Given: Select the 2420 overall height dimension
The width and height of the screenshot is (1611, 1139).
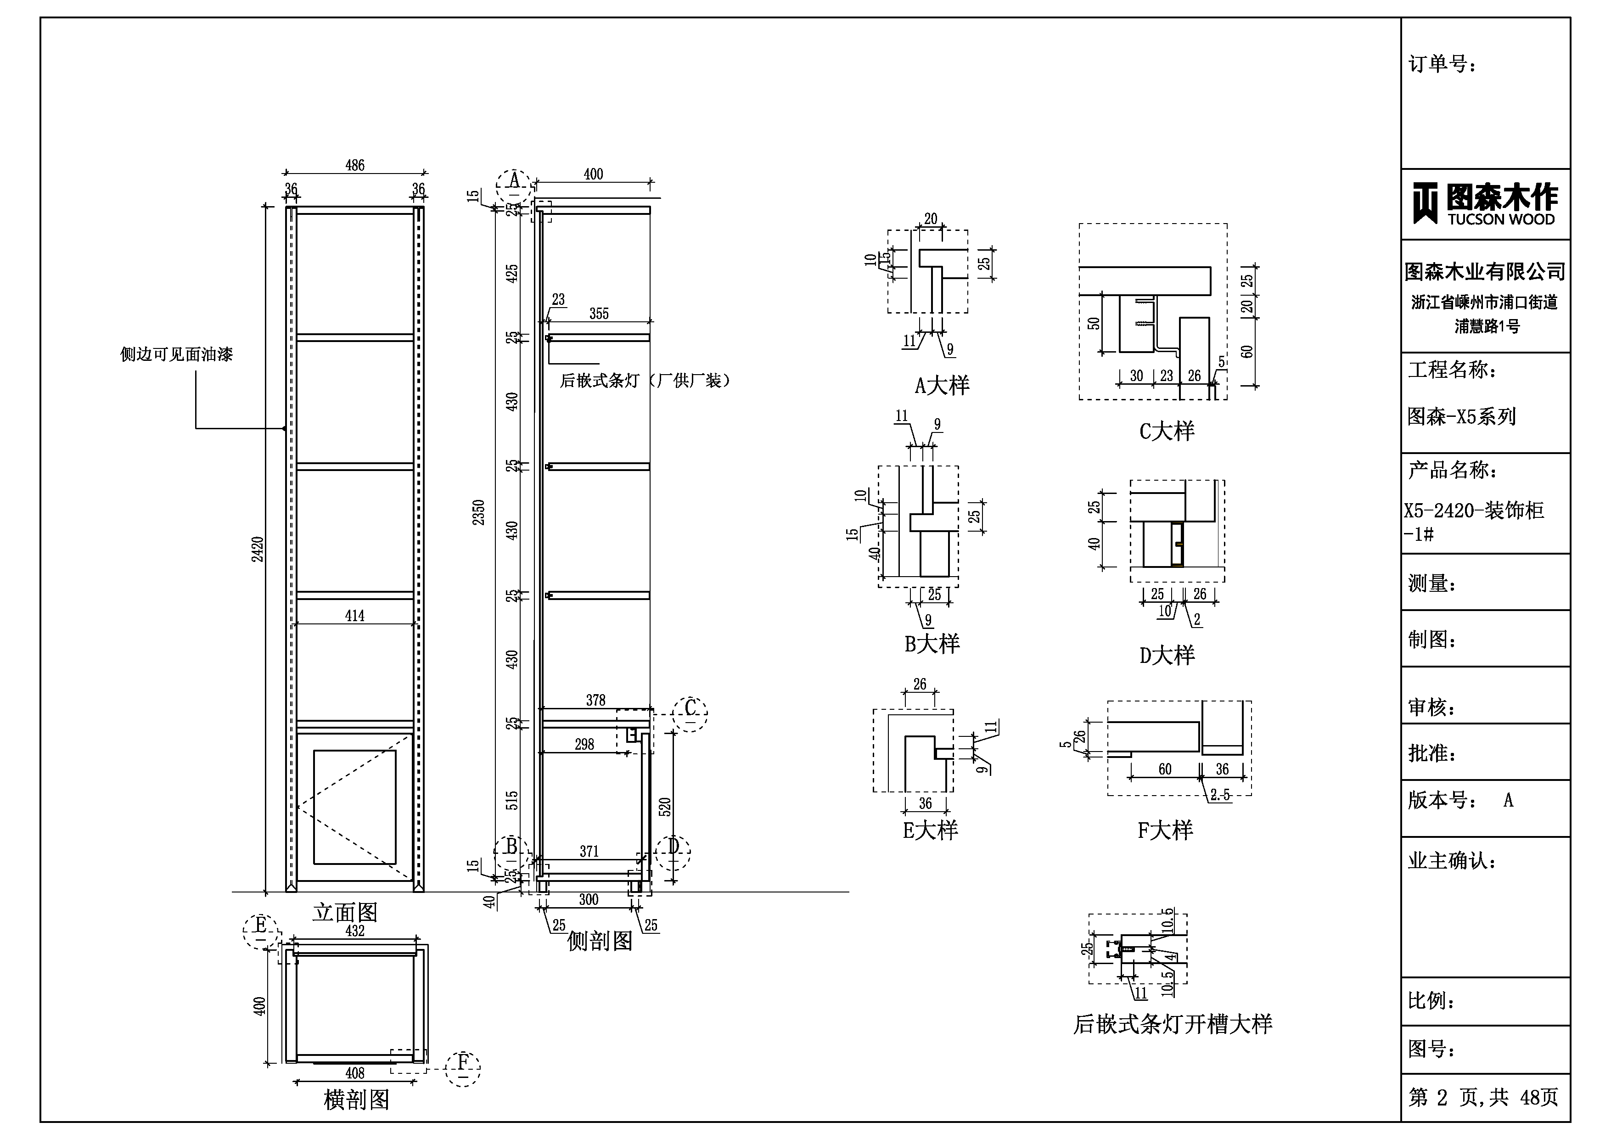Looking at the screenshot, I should tap(258, 549).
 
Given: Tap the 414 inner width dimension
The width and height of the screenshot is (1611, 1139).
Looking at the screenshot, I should tap(354, 616).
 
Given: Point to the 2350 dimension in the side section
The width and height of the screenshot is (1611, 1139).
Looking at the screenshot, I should tap(478, 512).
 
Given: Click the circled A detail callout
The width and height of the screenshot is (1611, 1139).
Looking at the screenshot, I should tap(514, 185).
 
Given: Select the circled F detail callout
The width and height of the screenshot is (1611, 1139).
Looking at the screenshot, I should tap(462, 1069).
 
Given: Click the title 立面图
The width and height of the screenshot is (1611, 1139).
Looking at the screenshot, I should tap(345, 912).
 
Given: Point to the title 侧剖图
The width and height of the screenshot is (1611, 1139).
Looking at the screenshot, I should tap(599, 941).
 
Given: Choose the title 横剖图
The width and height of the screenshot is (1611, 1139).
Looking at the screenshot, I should tap(356, 1099).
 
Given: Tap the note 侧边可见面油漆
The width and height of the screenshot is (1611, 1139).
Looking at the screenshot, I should tap(176, 354).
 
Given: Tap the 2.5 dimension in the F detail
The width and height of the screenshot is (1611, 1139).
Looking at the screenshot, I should tap(1220, 794).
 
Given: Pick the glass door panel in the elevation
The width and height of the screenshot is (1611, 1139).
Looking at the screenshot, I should tap(354, 807).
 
